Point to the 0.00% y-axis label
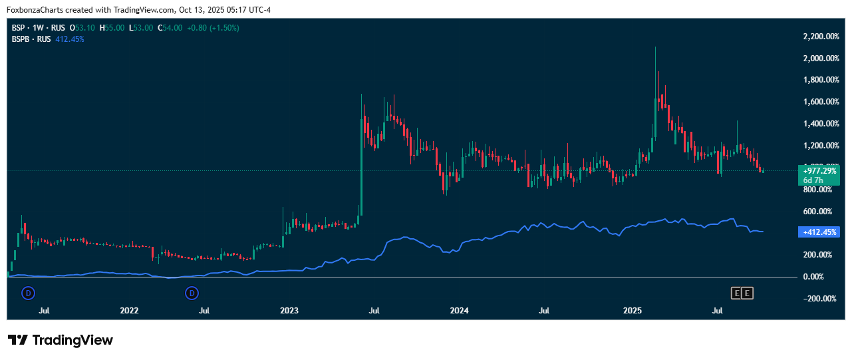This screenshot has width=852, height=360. [x=819, y=277]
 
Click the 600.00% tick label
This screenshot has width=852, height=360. [x=819, y=212]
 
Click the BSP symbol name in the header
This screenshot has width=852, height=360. [x=19, y=28]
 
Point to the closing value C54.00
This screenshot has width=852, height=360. [x=170, y=28]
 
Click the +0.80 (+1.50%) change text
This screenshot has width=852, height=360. [x=213, y=28]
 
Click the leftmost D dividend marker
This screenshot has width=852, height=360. [x=28, y=292]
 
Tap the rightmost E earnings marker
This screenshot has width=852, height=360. [x=747, y=293]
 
